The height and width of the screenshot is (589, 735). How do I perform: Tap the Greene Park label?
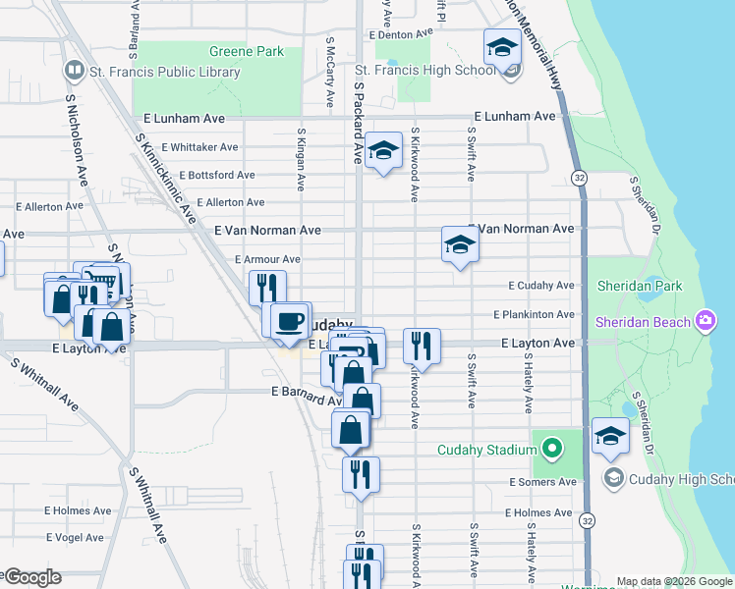coord(246,51)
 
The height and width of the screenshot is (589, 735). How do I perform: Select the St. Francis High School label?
coord(424,70)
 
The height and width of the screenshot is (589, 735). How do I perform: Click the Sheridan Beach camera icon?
coord(705,321)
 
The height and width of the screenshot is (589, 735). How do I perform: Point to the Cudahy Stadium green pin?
coord(552,451)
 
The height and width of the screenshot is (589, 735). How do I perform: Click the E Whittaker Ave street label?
coord(200,147)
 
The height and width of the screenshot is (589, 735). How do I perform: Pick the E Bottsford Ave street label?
coord(207,175)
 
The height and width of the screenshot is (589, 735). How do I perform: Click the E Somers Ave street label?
coord(542,482)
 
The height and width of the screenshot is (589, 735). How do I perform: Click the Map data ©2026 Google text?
coord(673,581)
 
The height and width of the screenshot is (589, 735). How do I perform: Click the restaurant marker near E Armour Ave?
coord(267,288)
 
